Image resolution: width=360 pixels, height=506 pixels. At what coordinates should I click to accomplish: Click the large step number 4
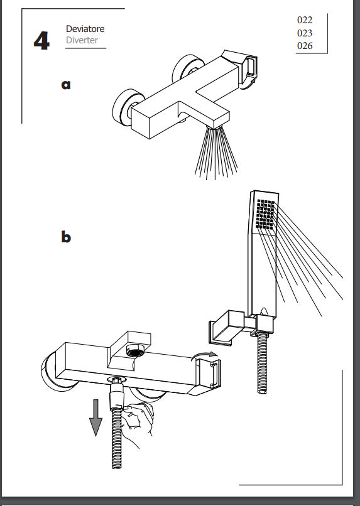[x=41, y=41]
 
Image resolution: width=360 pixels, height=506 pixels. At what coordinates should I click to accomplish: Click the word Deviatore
[x=85, y=29]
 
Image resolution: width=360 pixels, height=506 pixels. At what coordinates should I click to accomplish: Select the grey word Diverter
[x=82, y=40]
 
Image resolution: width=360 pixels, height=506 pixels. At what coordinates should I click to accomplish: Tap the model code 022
[x=305, y=20]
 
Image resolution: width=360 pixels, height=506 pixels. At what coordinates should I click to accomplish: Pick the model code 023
[x=305, y=33]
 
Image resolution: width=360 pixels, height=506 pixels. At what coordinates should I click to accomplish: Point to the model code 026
[x=305, y=45]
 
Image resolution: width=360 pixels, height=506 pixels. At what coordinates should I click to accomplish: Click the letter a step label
[x=66, y=85]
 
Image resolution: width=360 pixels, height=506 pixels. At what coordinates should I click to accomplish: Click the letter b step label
[x=66, y=237]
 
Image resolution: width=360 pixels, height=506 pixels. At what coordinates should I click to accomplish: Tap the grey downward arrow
[x=95, y=417]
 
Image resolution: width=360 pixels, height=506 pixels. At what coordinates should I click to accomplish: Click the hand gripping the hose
[x=137, y=419]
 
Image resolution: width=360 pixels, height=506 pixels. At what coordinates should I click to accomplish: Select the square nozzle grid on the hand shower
[x=266, y=214]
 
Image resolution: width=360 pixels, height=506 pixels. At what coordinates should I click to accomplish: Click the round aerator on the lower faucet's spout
[x=134, y=351]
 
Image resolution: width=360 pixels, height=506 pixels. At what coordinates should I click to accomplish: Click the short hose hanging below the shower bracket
[x=262, y=363]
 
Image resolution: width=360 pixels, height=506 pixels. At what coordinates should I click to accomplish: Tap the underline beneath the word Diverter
[x=85, y=48]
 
